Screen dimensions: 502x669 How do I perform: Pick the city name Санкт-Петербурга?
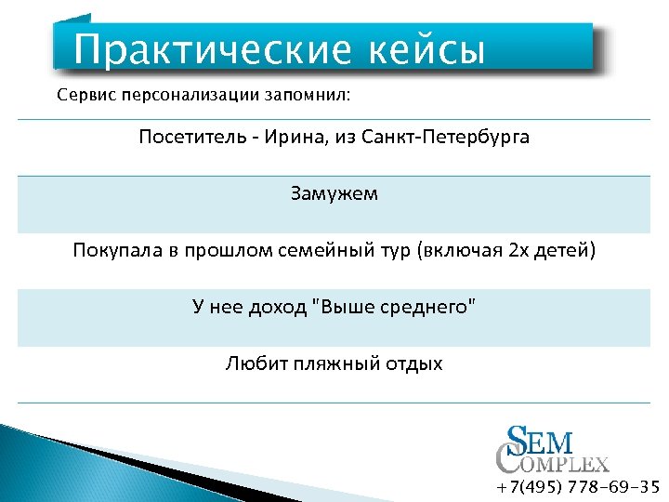tap(464, 138)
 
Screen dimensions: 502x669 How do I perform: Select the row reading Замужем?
tap(334, 194)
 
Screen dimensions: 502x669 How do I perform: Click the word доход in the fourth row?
tap(278, 308)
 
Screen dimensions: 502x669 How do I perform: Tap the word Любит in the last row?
tap(251, 363)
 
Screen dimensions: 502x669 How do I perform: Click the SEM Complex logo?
tap(551, 449)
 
